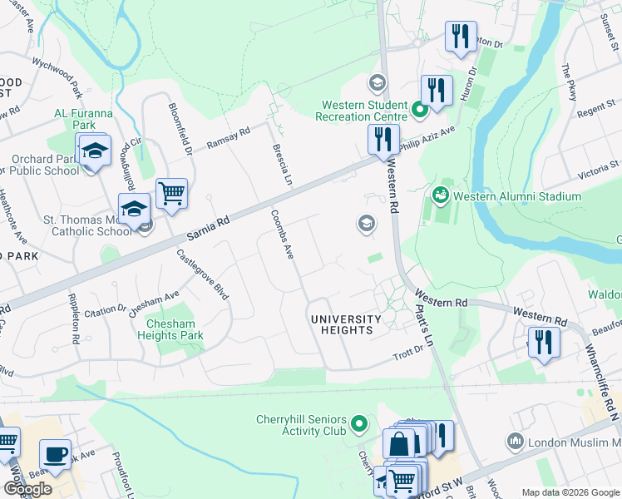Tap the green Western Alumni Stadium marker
coord(440,195)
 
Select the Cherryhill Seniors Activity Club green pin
coord(359,424)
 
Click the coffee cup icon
coord(56,455)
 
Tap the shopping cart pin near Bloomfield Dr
coord(171,193)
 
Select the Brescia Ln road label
coord(279,164)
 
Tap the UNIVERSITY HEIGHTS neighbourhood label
coord(346,324)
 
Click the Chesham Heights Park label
coord(175,330)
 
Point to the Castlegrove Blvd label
coord(204,276)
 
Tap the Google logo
coord(27,489)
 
